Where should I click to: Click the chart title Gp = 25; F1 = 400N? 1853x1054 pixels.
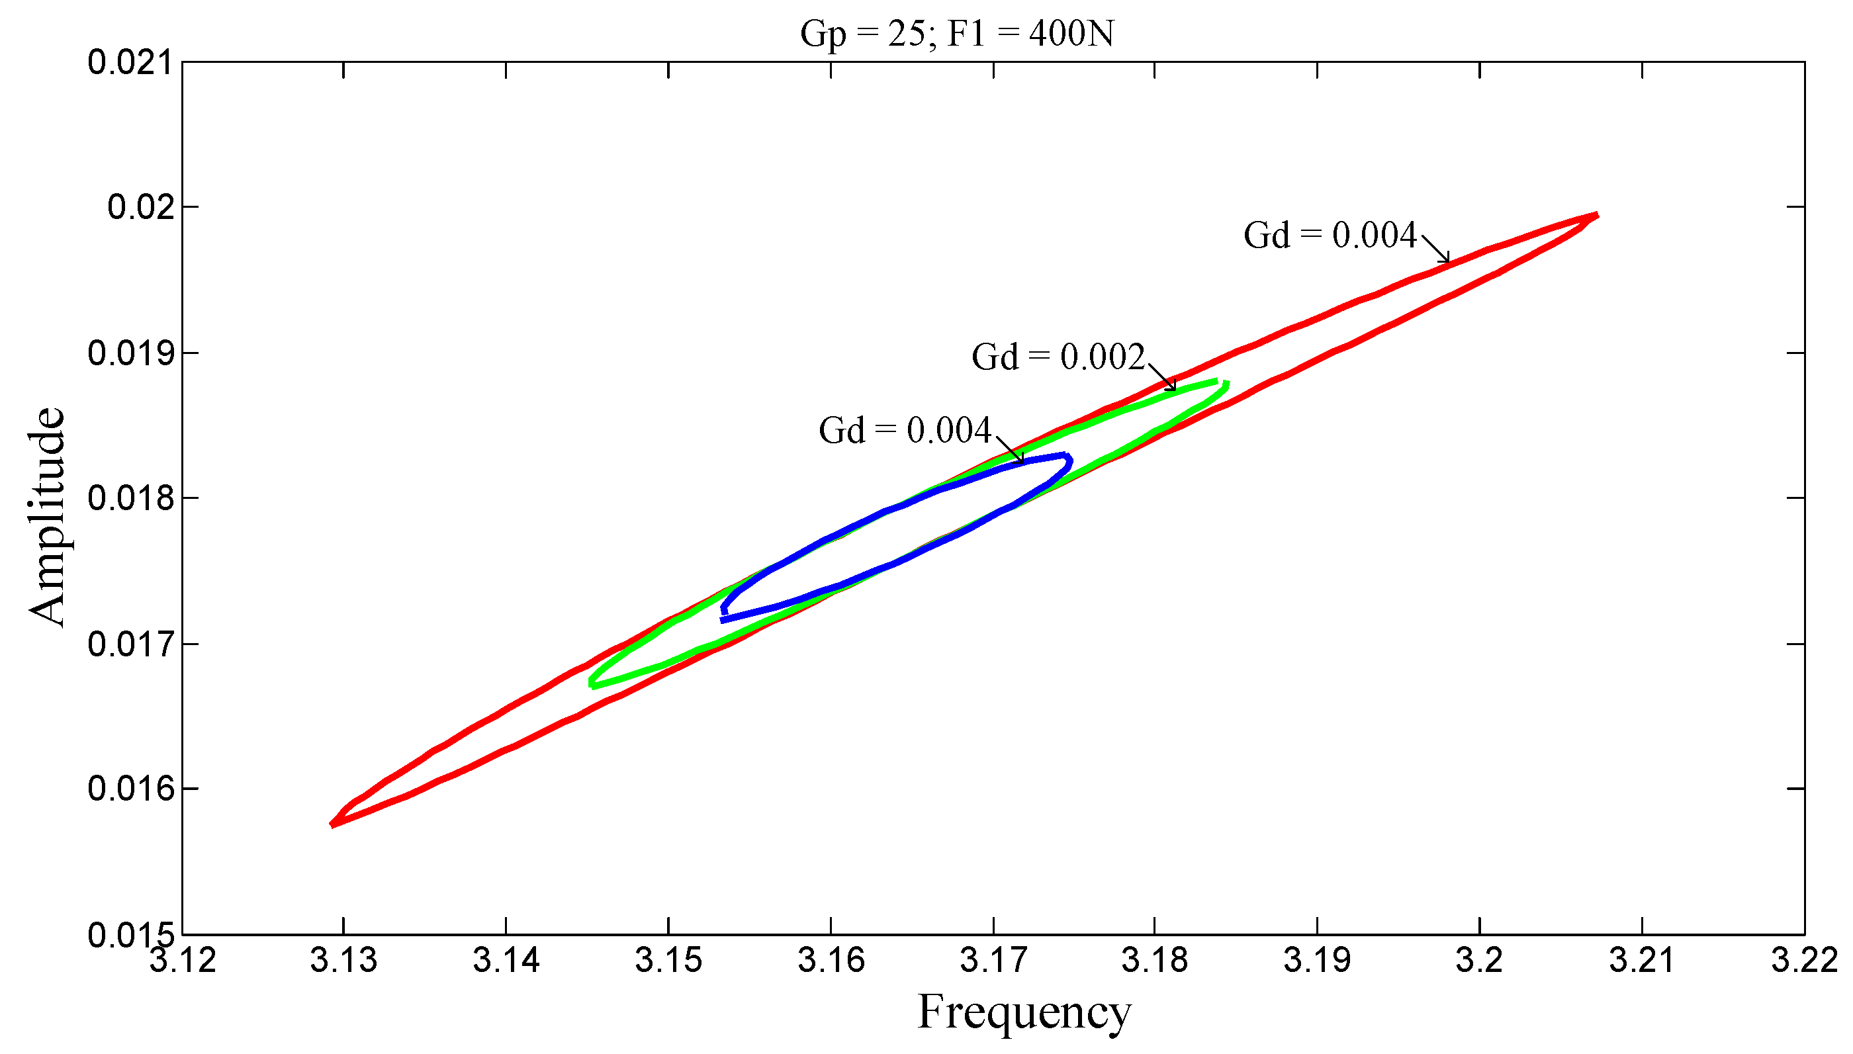coord(956,33)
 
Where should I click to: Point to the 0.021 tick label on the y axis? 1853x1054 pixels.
coord(131,63)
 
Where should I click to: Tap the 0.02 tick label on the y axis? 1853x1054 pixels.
coord(141,208)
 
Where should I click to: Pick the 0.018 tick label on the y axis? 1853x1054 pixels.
coord(131,499)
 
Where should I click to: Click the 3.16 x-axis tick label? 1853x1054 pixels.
coord(831,960)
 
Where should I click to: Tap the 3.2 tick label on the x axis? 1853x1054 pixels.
coord(1479,960)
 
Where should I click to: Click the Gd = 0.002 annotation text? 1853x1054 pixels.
coord(1058,357)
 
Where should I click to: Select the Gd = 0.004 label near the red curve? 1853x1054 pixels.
coord(1330,236)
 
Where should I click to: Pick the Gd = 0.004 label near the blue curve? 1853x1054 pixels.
coord(904,431)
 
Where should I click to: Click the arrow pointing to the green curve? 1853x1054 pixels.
coord(1161,376)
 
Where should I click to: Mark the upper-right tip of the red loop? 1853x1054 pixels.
coord(1596,216)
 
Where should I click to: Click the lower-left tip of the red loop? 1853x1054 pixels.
coord(332,824)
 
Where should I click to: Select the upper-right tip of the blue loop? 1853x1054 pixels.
coord(1068,457)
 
